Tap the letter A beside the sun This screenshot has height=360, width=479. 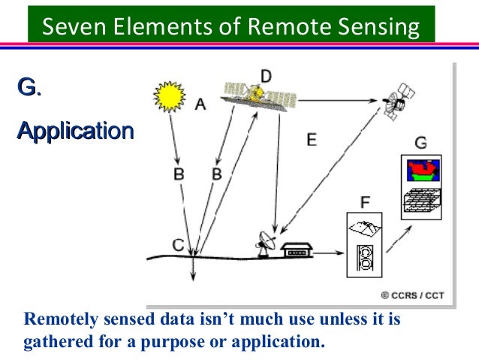(200, 105)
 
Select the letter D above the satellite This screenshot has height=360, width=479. (266, 75)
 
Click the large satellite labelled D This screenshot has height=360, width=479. (258, 95)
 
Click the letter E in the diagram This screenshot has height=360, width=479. (312, 139)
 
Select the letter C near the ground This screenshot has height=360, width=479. (178, 244)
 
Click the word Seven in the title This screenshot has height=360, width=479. (67, 27)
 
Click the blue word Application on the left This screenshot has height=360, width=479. (75, 131)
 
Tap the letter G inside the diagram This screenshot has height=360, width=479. (420, 143)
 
